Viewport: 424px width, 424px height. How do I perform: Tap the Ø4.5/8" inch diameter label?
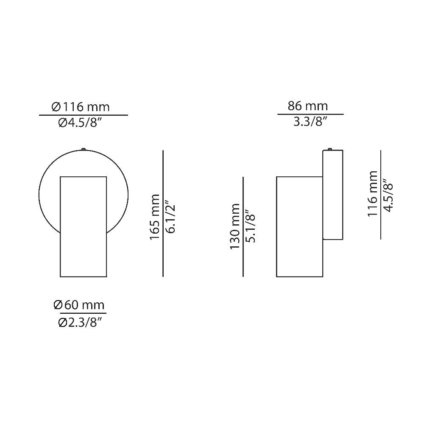point(80,123)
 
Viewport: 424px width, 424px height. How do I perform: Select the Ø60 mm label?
point(80,304)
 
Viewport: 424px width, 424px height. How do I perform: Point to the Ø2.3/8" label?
point(80,323)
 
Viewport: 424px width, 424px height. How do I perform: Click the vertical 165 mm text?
point(155,217)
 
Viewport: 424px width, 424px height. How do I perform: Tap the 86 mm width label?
point(308,106)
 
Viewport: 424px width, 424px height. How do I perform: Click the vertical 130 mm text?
point(235,226)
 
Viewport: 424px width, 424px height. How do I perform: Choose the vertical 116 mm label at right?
point(373,194)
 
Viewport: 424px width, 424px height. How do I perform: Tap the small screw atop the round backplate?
point(84,148)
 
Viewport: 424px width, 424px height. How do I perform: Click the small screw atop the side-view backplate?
point(330,149)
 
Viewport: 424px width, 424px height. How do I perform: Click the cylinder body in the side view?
point(299,226)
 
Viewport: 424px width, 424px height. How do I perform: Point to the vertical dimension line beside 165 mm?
point(163,214)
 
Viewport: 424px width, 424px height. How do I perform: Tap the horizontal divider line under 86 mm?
point(310,114)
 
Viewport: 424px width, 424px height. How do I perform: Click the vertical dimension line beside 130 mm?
point(243,226)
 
